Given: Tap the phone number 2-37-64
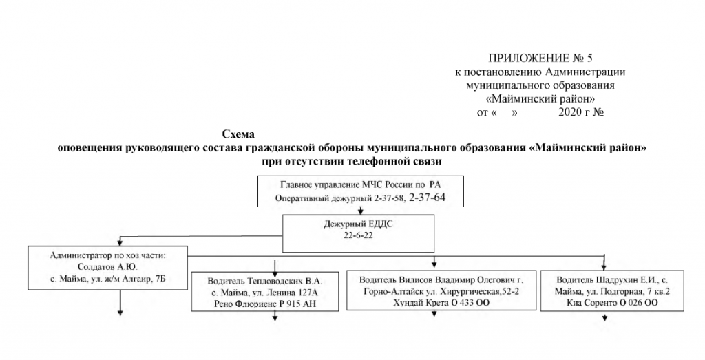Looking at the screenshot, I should click(x=432, y=198).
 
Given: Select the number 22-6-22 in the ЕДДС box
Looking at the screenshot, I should click(x=357, y=235).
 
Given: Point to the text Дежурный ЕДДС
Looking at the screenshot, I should click(x=357, y=224).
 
